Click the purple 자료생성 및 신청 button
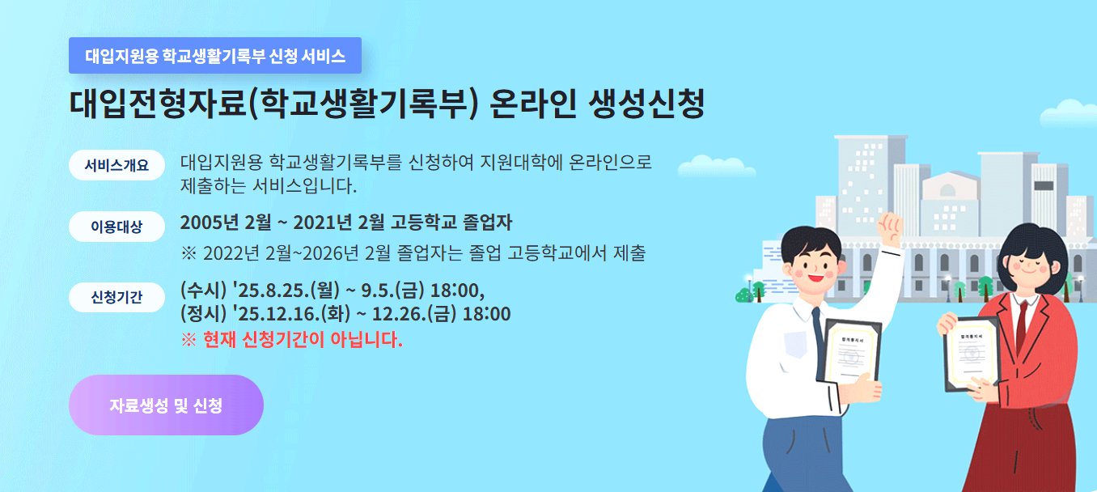click(166, 405)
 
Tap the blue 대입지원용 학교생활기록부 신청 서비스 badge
click(215, 56)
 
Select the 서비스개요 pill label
click(117, 165)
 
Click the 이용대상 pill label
click(117, 227)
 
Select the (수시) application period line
click(332, 290)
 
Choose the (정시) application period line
click(345, 314)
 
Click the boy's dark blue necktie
click(818, 332)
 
